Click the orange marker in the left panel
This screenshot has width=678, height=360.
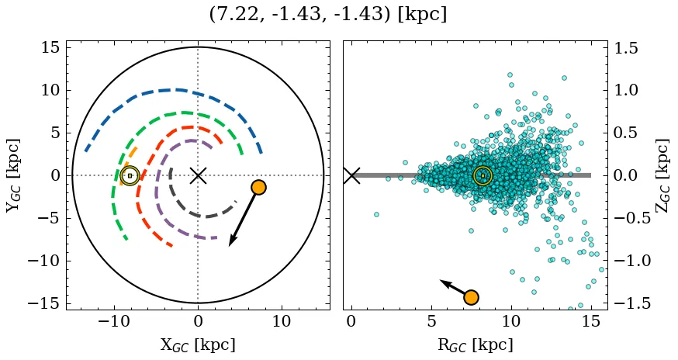click(x=258, y=187)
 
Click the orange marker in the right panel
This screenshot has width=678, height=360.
click(x=471, y=297)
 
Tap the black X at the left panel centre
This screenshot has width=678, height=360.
click(x=198, y=175)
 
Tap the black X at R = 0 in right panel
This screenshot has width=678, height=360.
click(x=351, y=175)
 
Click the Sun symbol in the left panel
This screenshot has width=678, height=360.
click(x=130, y=176)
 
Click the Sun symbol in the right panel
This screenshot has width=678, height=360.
click(x=483, y=176)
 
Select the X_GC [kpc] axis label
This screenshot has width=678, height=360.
click(x=198, y=344)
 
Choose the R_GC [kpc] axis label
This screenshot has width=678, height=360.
click(x=476, y=344)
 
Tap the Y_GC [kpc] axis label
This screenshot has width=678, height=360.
click(x=12, y=175)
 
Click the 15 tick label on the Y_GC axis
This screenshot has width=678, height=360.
click(x=50, y=48)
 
